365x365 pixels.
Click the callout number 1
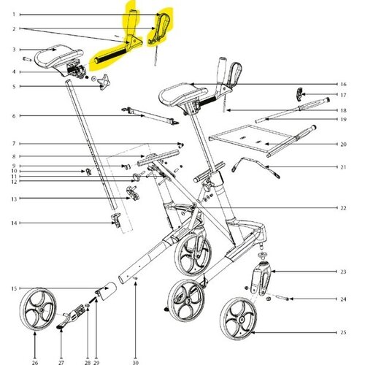pos(14,15)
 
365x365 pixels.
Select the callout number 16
pos(343,85)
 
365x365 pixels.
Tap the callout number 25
pos(343,332)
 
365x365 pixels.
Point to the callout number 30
pos(136,363)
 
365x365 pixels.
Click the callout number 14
pos(14,223)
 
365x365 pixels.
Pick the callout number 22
pos(343,208)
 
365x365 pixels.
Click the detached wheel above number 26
pos(38,310)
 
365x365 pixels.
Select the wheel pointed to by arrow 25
pos(239,318)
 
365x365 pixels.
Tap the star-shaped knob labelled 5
pos(104,82)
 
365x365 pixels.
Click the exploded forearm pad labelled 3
pos(58,57)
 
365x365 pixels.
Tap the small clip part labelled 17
pos(299,94)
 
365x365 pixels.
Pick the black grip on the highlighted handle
pos(111,55)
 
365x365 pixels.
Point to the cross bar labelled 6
pos(150,115)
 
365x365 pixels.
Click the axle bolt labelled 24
pos(283,298)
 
